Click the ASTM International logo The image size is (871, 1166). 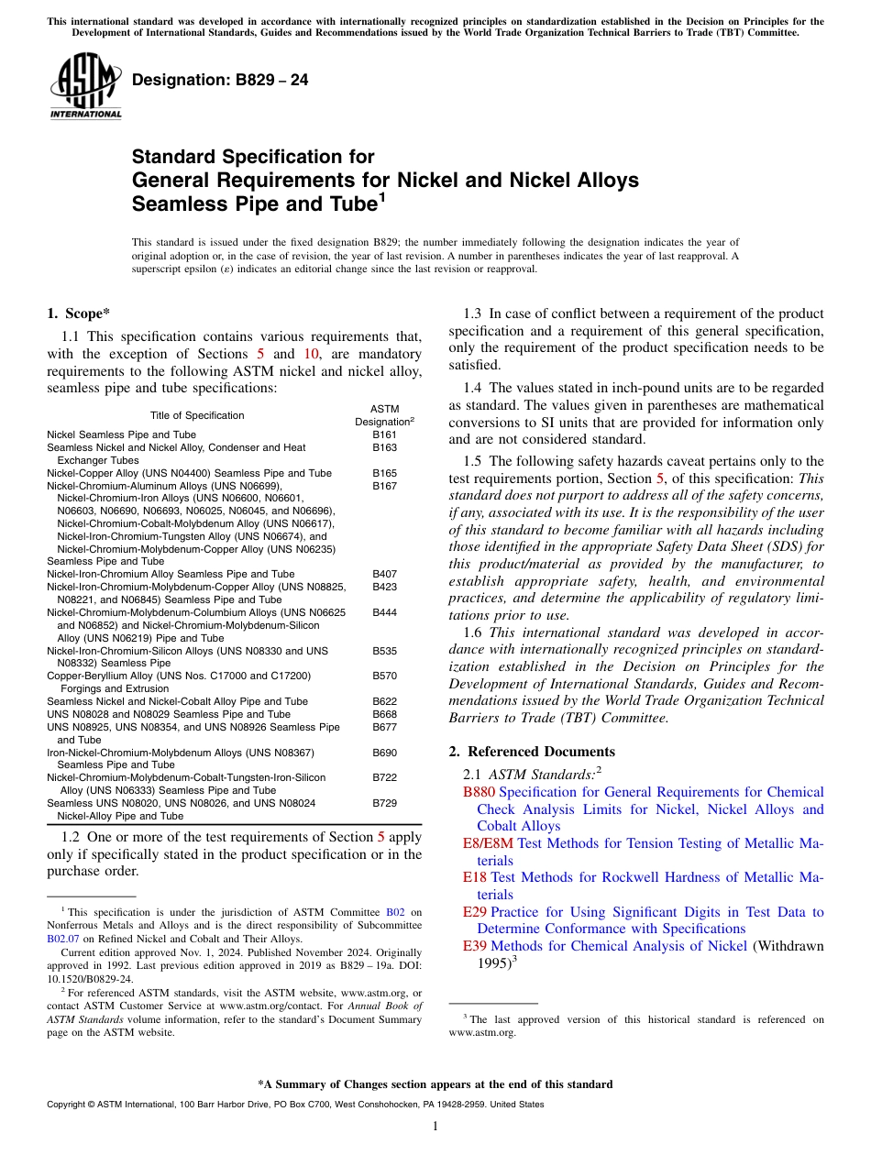(85, 85)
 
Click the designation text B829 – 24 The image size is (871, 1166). (220, 81)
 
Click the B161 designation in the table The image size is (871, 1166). (384, 434)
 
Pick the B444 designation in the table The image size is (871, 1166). (384, 611)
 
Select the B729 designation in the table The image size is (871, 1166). (384, 802)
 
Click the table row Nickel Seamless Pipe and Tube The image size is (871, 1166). (121, 434)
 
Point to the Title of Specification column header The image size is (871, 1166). (197, 415)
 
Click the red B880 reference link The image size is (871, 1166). (479, 792)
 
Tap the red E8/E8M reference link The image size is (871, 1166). (489, 843)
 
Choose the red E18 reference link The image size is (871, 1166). (475, 877)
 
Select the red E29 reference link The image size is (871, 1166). (475, 912)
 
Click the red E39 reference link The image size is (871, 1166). (475, 946)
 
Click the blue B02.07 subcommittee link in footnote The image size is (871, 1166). (62, 939)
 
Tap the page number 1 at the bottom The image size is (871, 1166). (435, 1127)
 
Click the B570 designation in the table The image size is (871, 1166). (384, 676)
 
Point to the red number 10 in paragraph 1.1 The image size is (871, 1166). (311, 354)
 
